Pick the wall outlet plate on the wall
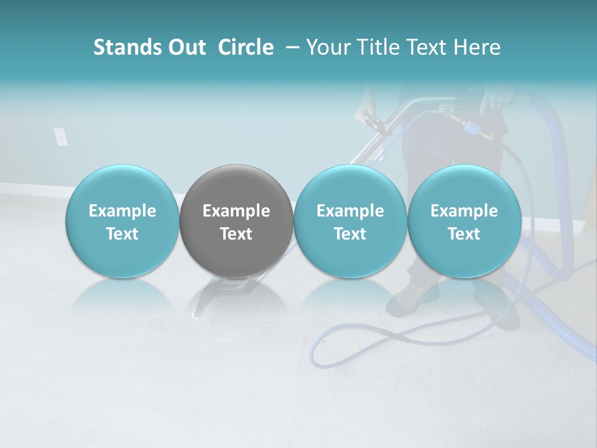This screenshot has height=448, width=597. (x=60, y=137)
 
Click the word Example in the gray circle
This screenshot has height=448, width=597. (x=236, y=211)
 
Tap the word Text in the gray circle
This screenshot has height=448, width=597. (x=236, y=234)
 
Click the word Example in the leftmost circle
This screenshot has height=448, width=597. (x=123, y=211)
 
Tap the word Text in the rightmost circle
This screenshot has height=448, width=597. (x=464, y=234)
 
